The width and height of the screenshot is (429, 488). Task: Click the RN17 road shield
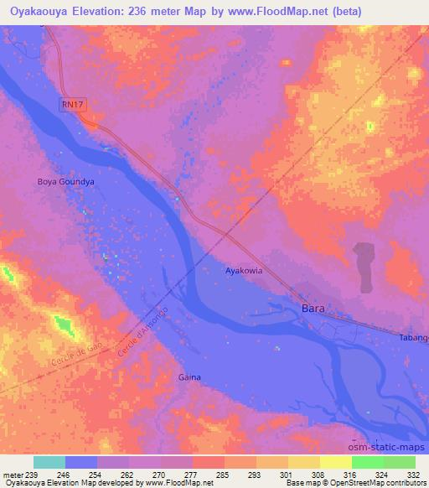point(74,104)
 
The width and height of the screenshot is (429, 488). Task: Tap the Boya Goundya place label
point(65,180)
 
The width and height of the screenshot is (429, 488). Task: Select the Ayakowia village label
point(245,272)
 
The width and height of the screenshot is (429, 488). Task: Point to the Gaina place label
point(189,377)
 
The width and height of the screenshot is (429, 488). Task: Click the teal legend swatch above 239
point(49,462)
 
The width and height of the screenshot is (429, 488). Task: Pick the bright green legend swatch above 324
point(368,462)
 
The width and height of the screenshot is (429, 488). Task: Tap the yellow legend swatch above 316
point(336,462)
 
